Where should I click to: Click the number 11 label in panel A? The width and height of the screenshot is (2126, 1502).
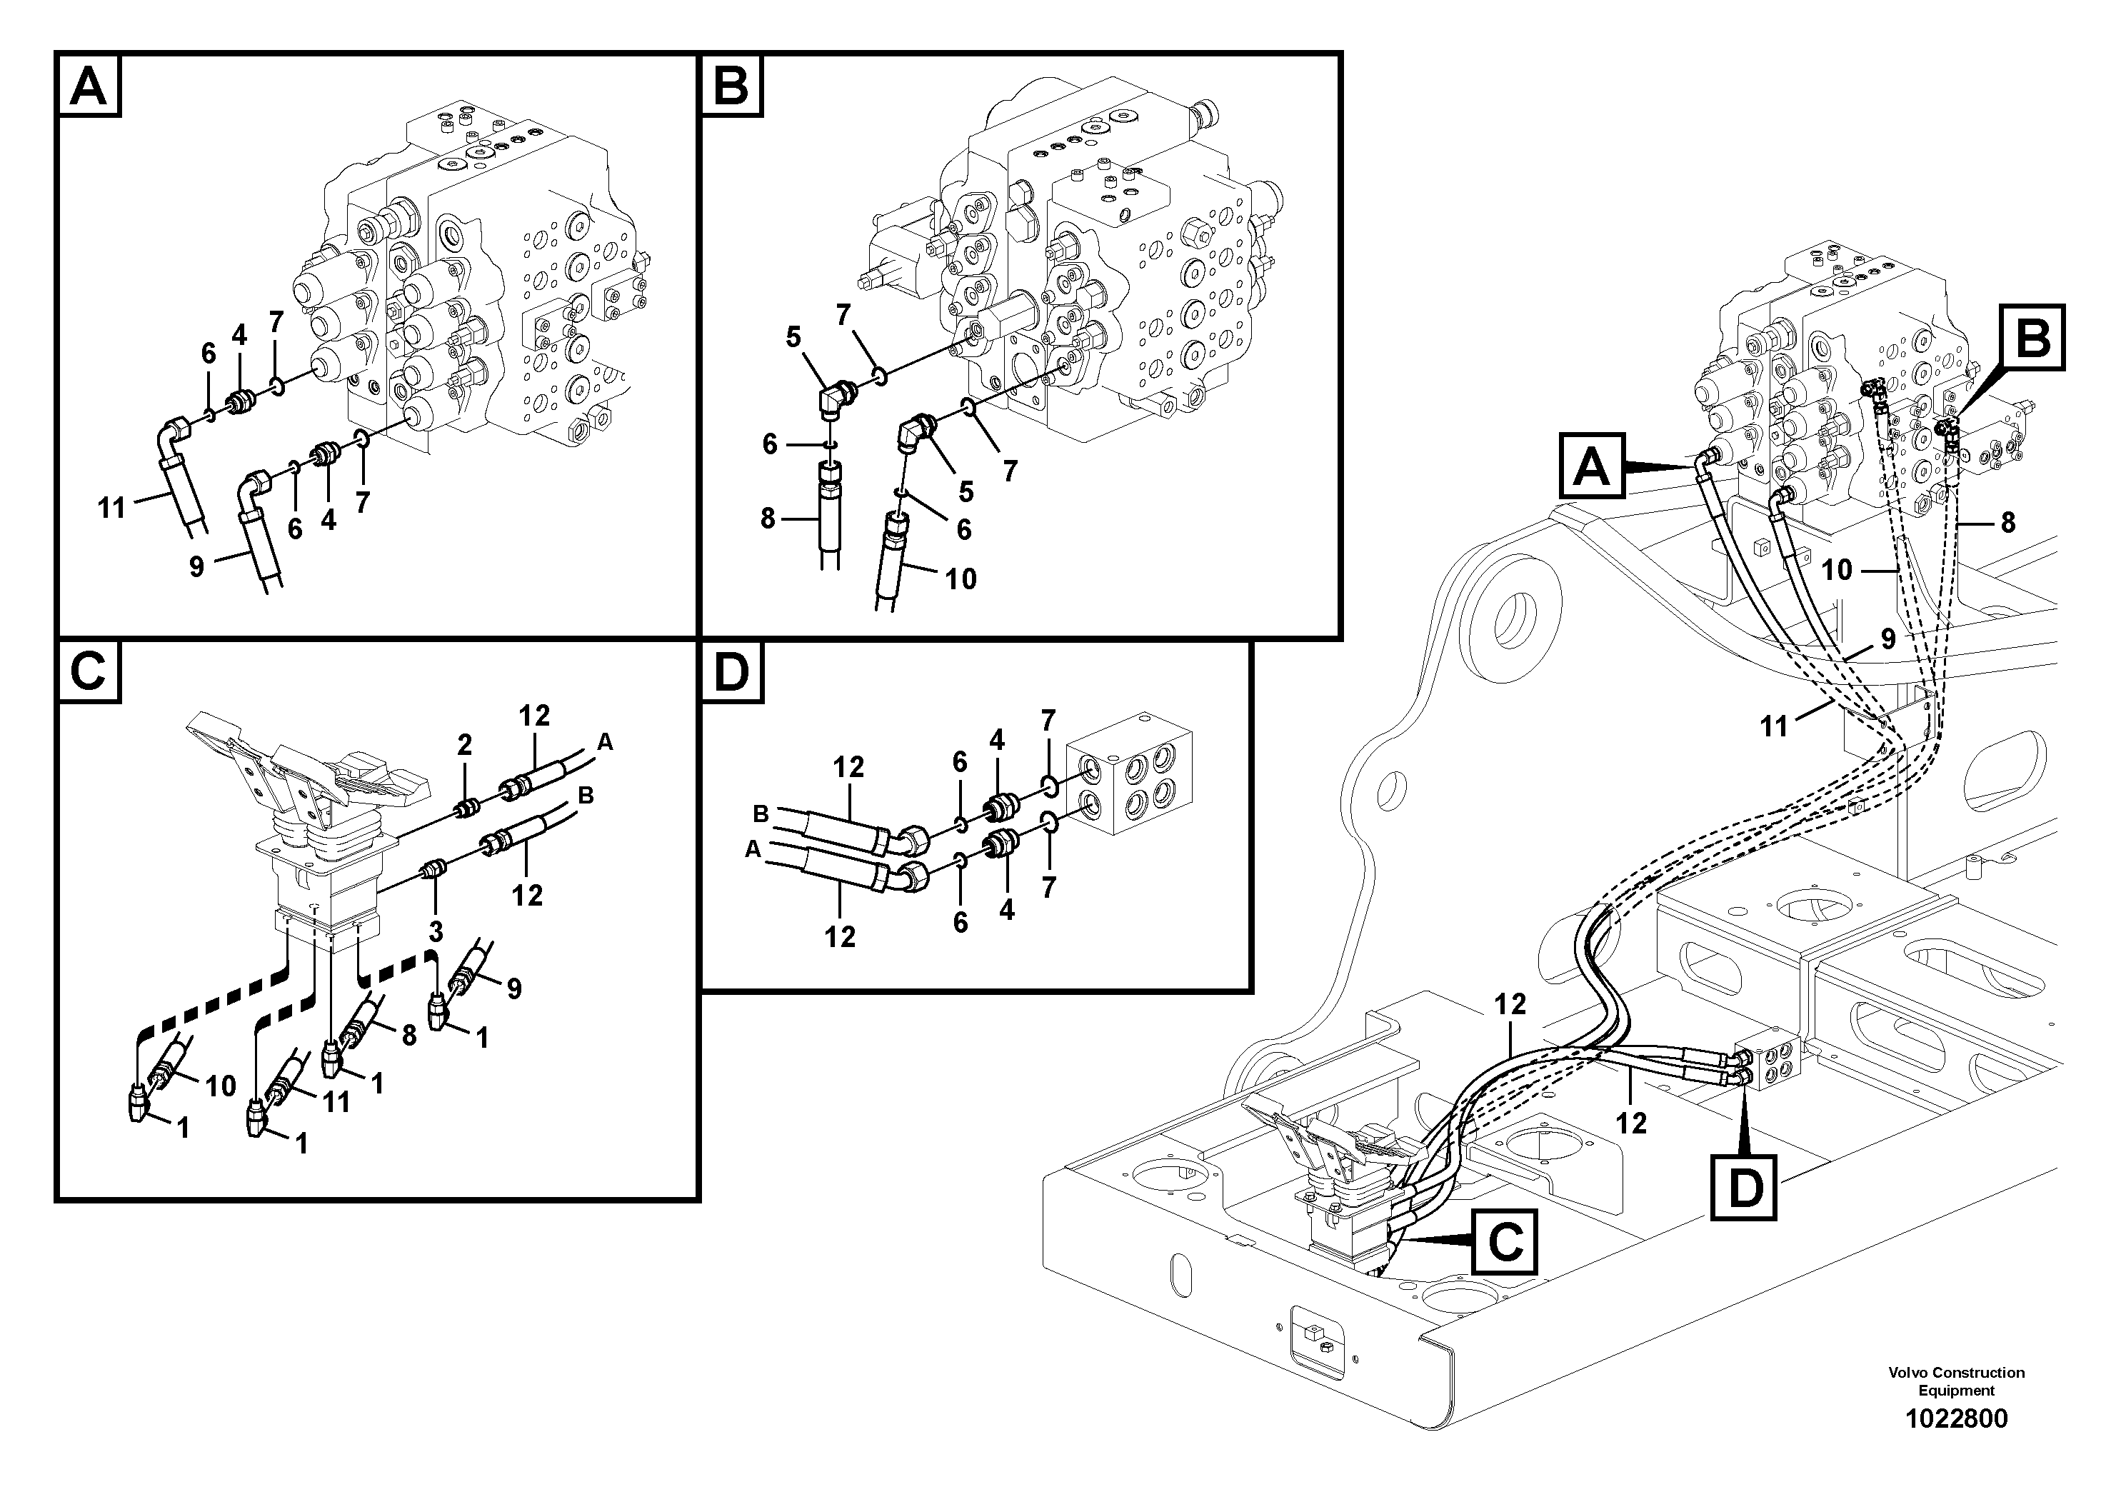[x=112, y=508]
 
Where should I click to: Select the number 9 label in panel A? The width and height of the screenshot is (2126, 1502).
[x=196, y=566]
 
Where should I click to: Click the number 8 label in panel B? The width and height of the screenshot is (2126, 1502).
[x=768, y=519]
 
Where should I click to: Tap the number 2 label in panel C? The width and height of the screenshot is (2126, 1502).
[x=465, y=744]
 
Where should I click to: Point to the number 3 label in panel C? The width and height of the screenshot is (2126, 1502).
[x=435, y=931]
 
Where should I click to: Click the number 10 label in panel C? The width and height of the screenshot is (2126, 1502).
[x=221, y=1086]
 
